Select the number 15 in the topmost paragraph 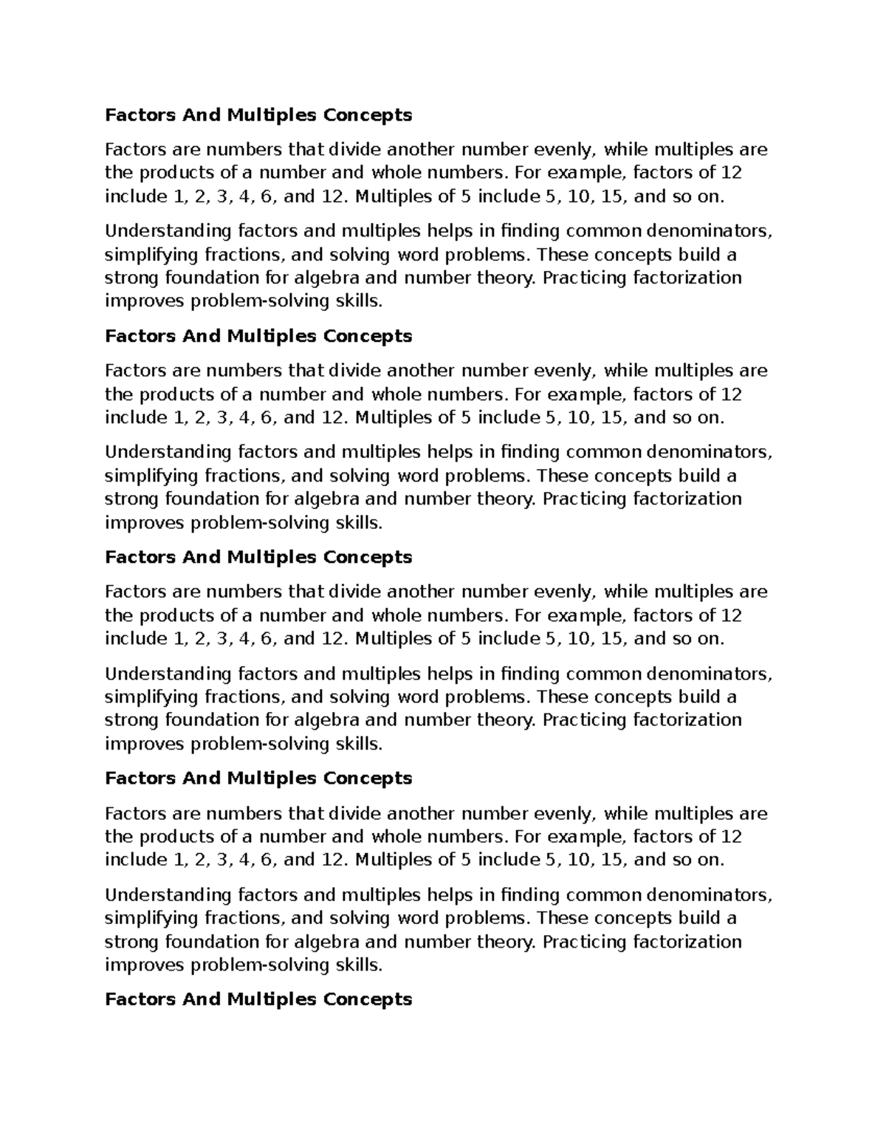pos(614,196)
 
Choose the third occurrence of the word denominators pos(710,674)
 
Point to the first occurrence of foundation pos(211,278)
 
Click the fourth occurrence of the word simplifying pos(152,918)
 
